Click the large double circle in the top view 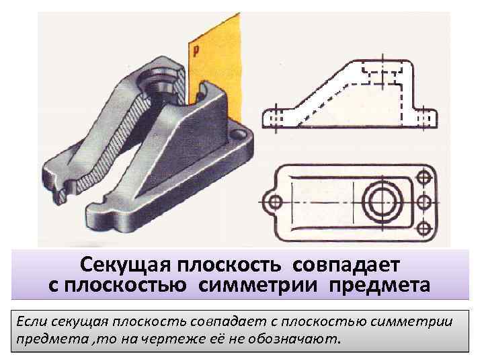(380, 201)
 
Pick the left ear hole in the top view (272, 201)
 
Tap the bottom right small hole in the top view (424, 225)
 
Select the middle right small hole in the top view (424, 201)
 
